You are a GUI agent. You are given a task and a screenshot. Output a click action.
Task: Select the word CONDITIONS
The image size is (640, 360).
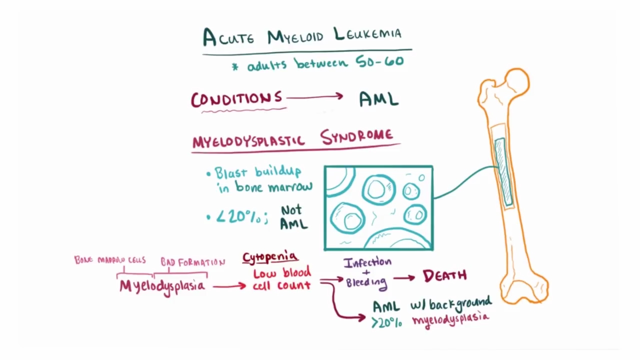pos(236,99)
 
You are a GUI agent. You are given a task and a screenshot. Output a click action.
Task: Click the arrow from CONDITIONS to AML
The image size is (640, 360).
pos(315,97)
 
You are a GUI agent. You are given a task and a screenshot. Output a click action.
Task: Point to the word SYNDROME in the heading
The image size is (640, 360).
pos(356,136)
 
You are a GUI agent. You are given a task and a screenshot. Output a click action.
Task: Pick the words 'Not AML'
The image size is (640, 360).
pos(293,217)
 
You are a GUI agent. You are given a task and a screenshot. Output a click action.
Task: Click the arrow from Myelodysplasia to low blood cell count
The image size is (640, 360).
pos(229,286)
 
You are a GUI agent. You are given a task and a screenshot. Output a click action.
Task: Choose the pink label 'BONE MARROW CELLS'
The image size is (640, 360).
pos(110,260)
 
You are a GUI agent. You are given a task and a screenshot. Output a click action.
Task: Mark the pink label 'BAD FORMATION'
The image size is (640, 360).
pos(192,262)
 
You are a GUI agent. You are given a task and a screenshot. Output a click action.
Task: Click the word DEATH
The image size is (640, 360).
pos(444,275)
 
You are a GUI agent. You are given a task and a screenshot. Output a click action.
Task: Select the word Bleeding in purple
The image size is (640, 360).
pos(366,282)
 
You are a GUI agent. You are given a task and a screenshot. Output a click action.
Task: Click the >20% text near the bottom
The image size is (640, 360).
pos(386,322)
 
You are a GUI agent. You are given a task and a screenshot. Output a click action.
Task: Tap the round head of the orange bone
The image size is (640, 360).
pos(517,81)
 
